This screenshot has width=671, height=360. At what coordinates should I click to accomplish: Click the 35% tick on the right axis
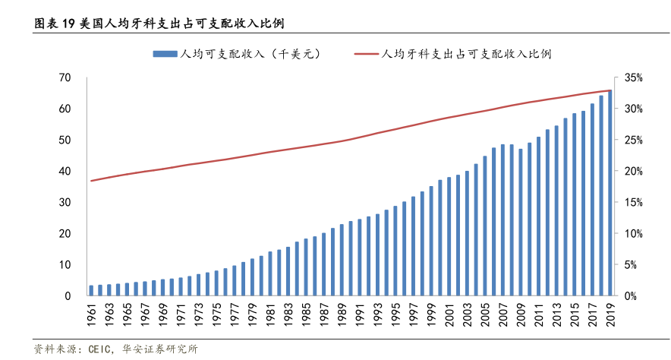click(634, 78)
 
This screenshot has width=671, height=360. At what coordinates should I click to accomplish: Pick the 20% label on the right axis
click(634, 172)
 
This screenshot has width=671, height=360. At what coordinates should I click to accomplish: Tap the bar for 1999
click(430, 241)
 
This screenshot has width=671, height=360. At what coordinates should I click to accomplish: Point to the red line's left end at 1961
click(91, 181)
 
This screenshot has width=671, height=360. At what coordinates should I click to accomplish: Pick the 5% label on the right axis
click(635, 265)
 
